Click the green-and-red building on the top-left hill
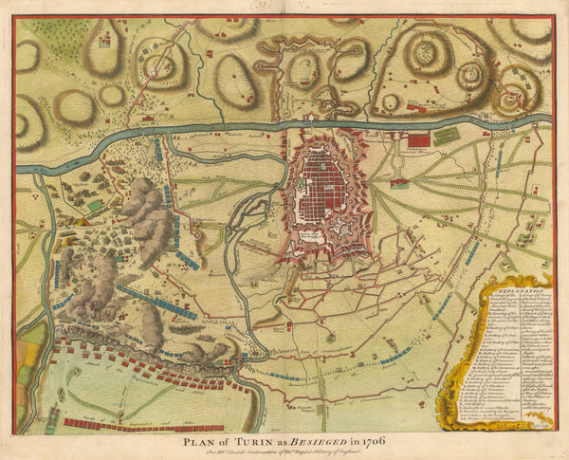pyautogui.click(x=103, y=40)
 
